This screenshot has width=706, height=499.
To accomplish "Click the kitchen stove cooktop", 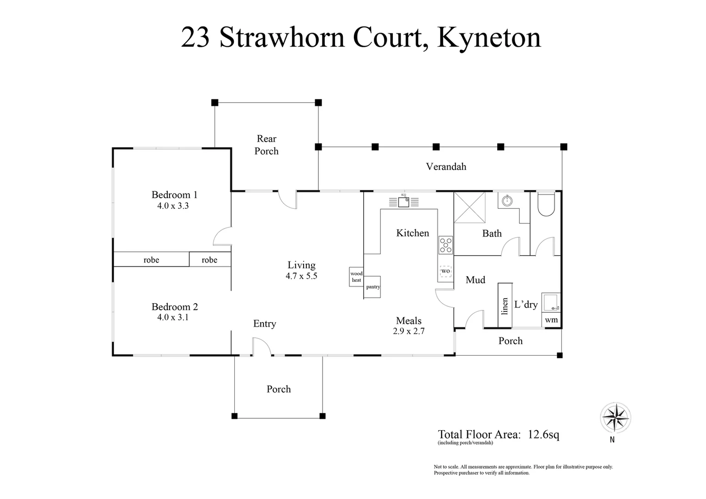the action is point(446,245).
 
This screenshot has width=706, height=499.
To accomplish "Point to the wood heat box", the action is point(356,277).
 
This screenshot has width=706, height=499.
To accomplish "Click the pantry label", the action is point(373,287).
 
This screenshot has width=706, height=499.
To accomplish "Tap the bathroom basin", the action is point(507,201).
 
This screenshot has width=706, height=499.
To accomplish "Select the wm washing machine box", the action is point(551,320).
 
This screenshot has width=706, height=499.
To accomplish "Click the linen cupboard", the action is point(505,305).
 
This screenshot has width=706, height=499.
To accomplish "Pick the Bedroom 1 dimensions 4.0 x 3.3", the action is point(173,206).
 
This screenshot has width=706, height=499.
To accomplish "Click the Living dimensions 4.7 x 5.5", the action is point(301,276).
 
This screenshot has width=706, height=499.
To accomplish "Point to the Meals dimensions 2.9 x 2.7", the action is point(408,331).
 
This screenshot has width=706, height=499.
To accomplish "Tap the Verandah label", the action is point(446,166).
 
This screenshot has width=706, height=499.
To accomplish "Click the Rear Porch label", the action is point(267,145).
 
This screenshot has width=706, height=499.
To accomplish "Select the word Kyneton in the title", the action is point(489,37).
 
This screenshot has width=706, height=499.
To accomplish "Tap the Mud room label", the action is point(475,280).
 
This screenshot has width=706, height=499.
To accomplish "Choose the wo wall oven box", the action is point(445,271).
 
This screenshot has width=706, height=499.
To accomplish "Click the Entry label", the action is point(264,324).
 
